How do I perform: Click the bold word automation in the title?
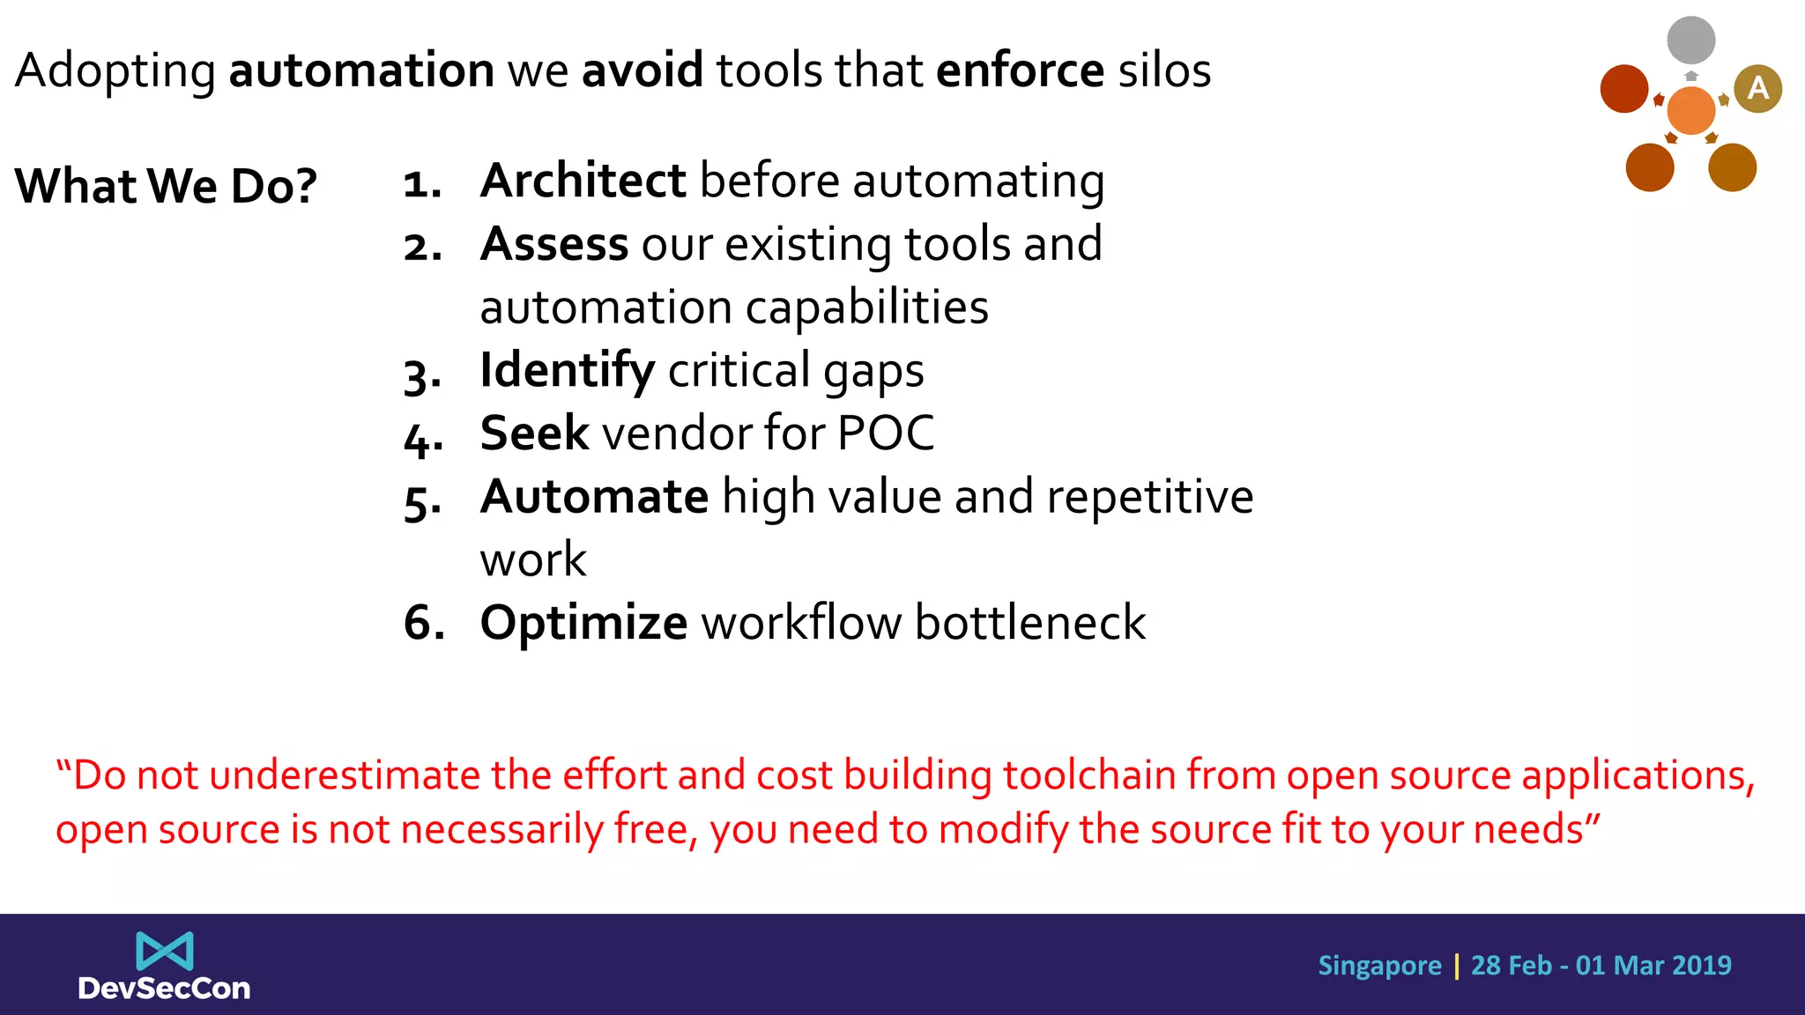361,70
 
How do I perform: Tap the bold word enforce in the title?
1020,70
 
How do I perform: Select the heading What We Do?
166,186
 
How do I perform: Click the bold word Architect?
583,181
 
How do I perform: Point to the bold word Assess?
554,244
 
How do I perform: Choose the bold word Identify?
567,370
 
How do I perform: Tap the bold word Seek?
534,433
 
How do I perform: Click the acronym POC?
885,433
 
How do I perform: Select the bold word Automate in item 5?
594,497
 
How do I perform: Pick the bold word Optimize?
583,623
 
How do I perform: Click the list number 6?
423,623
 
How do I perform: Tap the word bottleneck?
1029,623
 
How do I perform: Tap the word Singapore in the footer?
1379,966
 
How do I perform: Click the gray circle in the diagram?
1690,40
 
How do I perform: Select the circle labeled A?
1757,88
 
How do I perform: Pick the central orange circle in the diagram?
1690,110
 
